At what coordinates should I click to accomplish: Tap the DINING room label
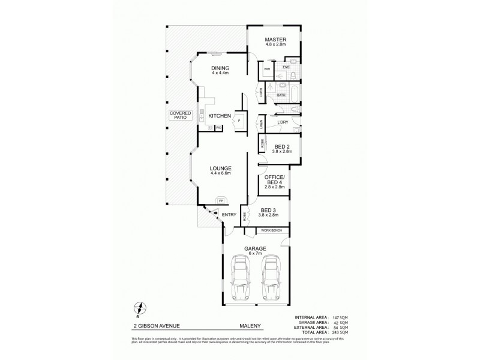220,68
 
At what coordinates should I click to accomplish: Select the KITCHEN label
219,115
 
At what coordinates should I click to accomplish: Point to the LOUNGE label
220,168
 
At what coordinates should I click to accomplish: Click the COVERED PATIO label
180,115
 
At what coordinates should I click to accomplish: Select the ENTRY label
229,214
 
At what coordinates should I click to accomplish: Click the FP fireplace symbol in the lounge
221,200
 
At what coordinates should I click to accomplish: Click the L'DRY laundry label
283,123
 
